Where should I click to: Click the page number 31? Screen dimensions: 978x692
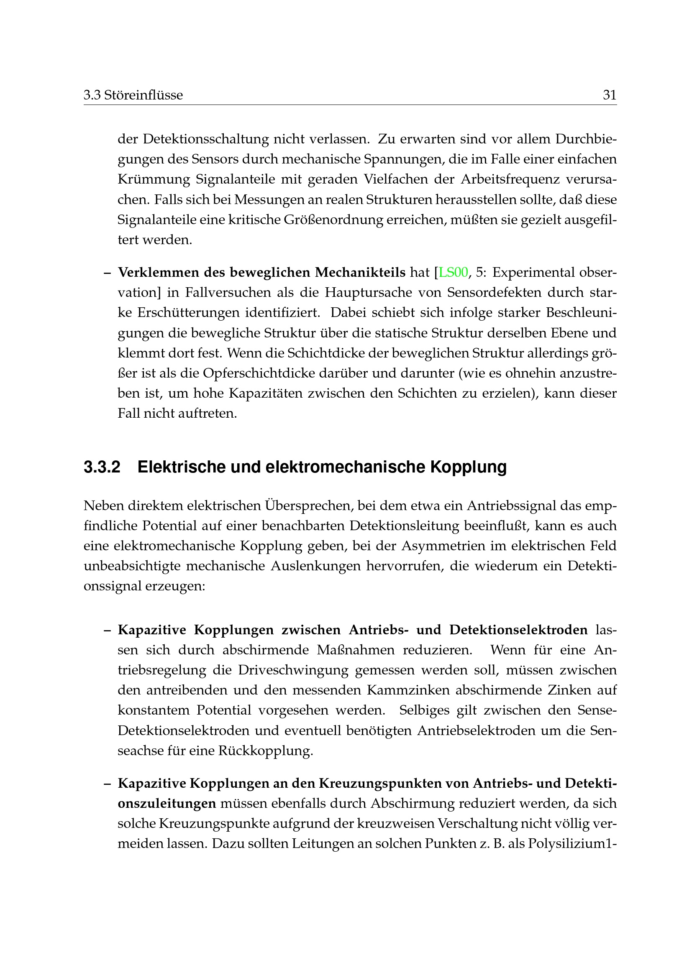coord(609,95)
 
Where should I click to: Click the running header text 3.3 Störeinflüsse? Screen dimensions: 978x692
coord(133,95)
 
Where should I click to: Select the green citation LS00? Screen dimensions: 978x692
coord(453,272)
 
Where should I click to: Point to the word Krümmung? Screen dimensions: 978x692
coord(154,179)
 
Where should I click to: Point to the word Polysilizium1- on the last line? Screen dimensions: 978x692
coord(572,844)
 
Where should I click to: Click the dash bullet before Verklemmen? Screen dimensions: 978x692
coord(108,272)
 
